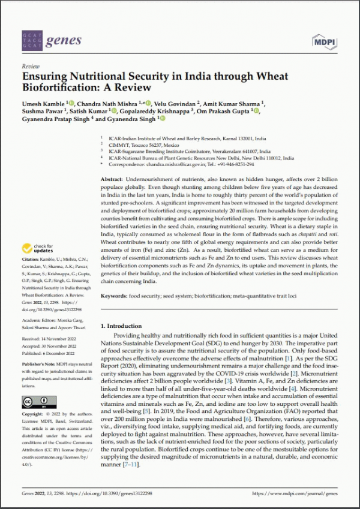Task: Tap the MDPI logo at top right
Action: tap(325, 41)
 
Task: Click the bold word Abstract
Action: tap(112, 180)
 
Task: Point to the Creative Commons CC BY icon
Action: tap(35, 402)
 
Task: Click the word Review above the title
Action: tap(31, 67)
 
